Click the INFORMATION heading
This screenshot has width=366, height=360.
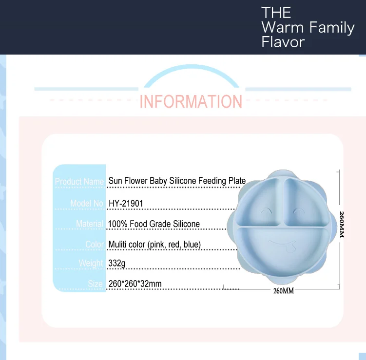pyautogui.click(x=191, y=101)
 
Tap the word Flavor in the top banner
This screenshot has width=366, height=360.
pyautogui.click(x=283, y=42)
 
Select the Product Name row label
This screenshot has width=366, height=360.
pyautogui.click(x=79, y=182)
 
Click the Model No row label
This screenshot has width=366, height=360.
pyautogui.click(x=87, y=203)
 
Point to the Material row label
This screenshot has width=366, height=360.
pyautogui.click(x=90, y=224)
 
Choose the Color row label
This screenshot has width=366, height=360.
pyautogui.click(x=95, y=244)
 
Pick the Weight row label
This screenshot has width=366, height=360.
pyautogui.click(x=91, y=263)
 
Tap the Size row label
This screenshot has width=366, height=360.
pyautogui.click(x=96, y=284)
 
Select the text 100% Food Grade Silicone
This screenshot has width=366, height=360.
pyautogui.click(x=154, y=224)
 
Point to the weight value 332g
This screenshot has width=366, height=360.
pyautogui.click(x=117, y=263)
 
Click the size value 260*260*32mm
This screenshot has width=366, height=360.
pyautogui.click(x=135, y=284)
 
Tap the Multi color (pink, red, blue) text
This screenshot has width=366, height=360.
pyautogui.click(x=155, y=244)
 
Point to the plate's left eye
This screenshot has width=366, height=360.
pyautogui.click(x=266, y=211)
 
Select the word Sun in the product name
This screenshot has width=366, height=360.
pyautogui.click(x=115, y=181)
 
